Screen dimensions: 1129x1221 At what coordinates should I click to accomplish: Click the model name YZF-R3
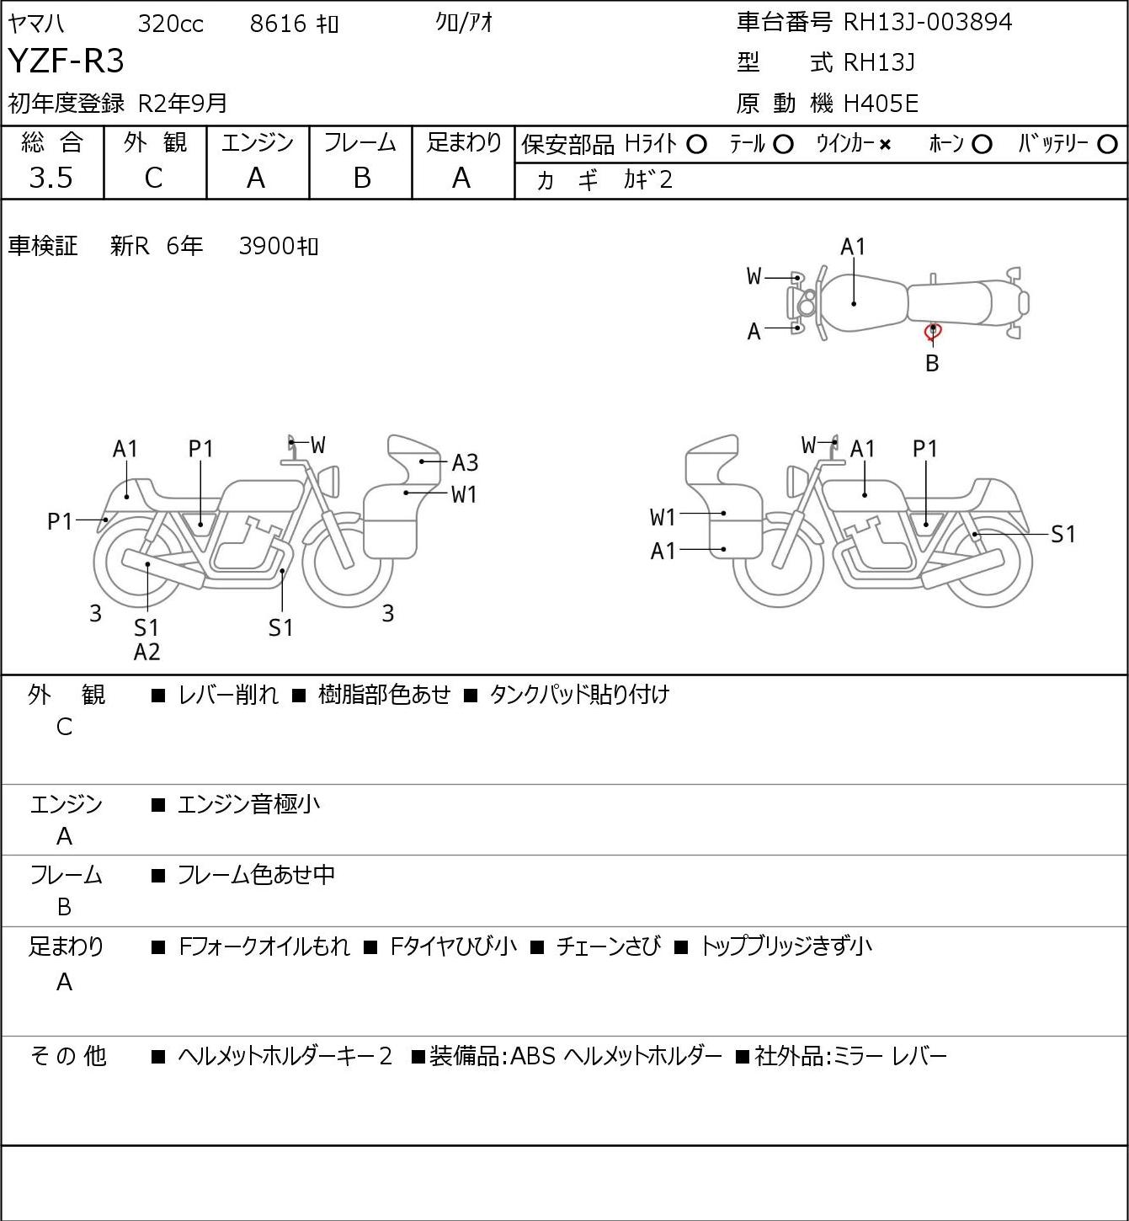(66, 61)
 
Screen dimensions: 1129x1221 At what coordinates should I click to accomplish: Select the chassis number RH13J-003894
(927, 22)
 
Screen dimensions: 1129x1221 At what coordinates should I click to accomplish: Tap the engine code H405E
(881, 104)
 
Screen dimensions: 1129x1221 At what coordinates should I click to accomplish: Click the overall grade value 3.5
(51, 178)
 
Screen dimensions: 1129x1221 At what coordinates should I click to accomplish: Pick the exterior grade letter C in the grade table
(154, 179)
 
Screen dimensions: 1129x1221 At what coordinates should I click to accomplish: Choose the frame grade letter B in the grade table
(361, 179)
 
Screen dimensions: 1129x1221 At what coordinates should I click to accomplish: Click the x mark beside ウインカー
(885, 145)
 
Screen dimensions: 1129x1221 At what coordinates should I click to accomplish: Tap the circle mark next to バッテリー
(1107, 145)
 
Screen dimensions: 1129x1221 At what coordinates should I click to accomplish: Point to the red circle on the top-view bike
(933, 333)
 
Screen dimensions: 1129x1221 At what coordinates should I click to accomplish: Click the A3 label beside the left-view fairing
(465, 462)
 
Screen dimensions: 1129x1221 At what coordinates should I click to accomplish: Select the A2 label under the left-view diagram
(147, 652)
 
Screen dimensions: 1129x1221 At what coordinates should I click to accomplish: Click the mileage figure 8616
(278, 24)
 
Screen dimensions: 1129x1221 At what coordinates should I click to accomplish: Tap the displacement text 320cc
(170, 24)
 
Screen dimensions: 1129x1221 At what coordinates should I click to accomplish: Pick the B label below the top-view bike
(932, 363)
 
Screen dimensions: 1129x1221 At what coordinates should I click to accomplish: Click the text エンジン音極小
(248, 804)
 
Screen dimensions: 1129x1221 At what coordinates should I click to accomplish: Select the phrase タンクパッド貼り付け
(579, 695)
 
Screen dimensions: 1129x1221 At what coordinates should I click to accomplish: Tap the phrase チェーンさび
(608, 946)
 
